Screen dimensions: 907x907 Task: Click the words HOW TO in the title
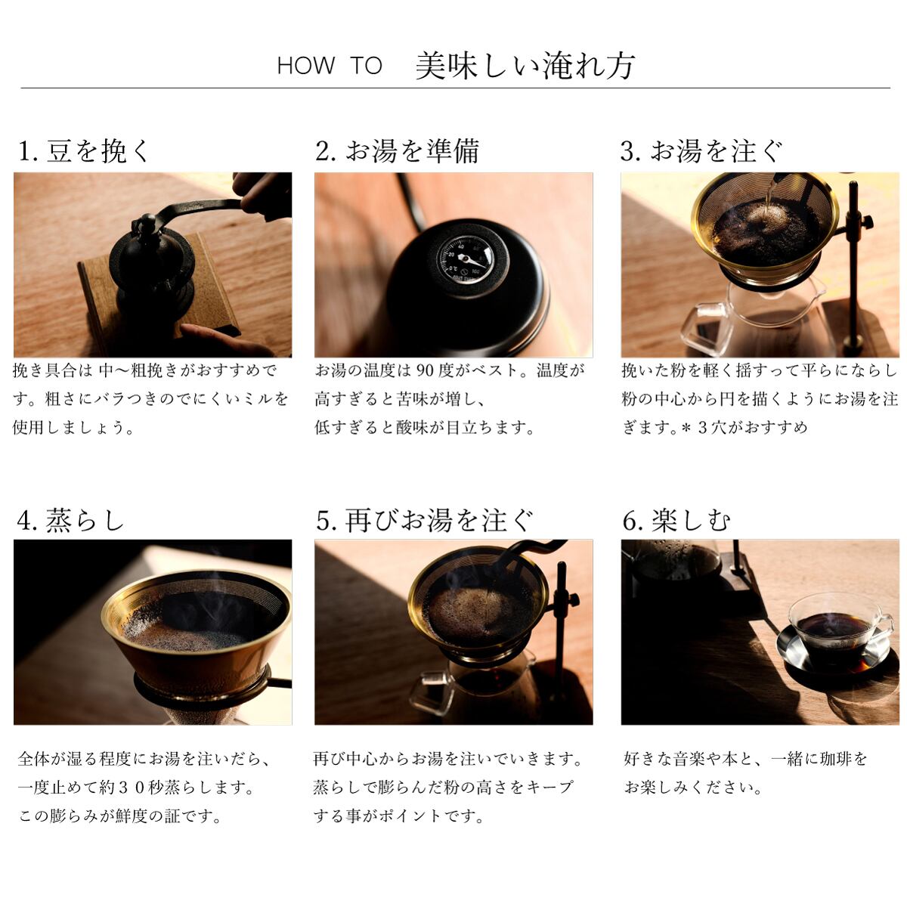coord(329,66)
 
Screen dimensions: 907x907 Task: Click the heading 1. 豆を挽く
coord(84,151)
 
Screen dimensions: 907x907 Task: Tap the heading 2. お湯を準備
coord(398,151)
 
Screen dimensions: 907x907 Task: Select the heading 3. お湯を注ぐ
coord(701,151)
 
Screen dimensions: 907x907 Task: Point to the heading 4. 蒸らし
coord(70,521)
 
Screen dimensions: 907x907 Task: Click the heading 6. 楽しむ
coord(676,521)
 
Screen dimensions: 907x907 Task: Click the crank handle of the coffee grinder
coord(198,207)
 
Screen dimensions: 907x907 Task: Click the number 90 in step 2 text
coord(425,371)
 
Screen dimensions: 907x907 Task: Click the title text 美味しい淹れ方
coord(525,66)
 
